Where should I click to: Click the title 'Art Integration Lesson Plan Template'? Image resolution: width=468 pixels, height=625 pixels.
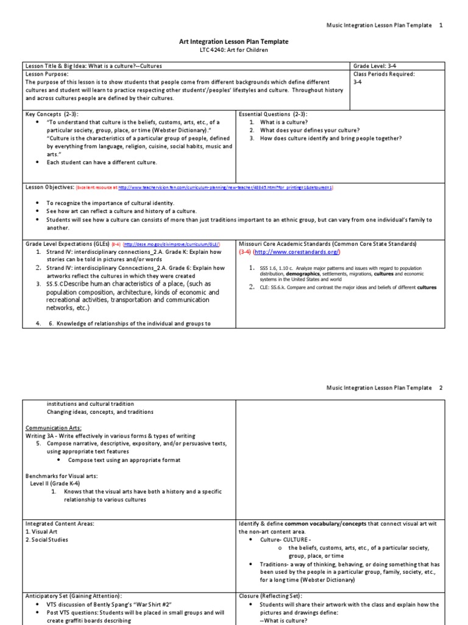click(x=233, y=42)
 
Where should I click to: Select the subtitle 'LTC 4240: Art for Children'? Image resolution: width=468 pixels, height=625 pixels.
click(x=233, y=50)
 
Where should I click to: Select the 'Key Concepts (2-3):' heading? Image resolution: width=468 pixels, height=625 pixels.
click(x=52, y=114)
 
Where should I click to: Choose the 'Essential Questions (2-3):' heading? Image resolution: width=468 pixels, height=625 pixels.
click(x=273, y=114)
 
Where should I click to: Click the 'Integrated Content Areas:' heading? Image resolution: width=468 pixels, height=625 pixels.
click(x=60, y=524)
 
